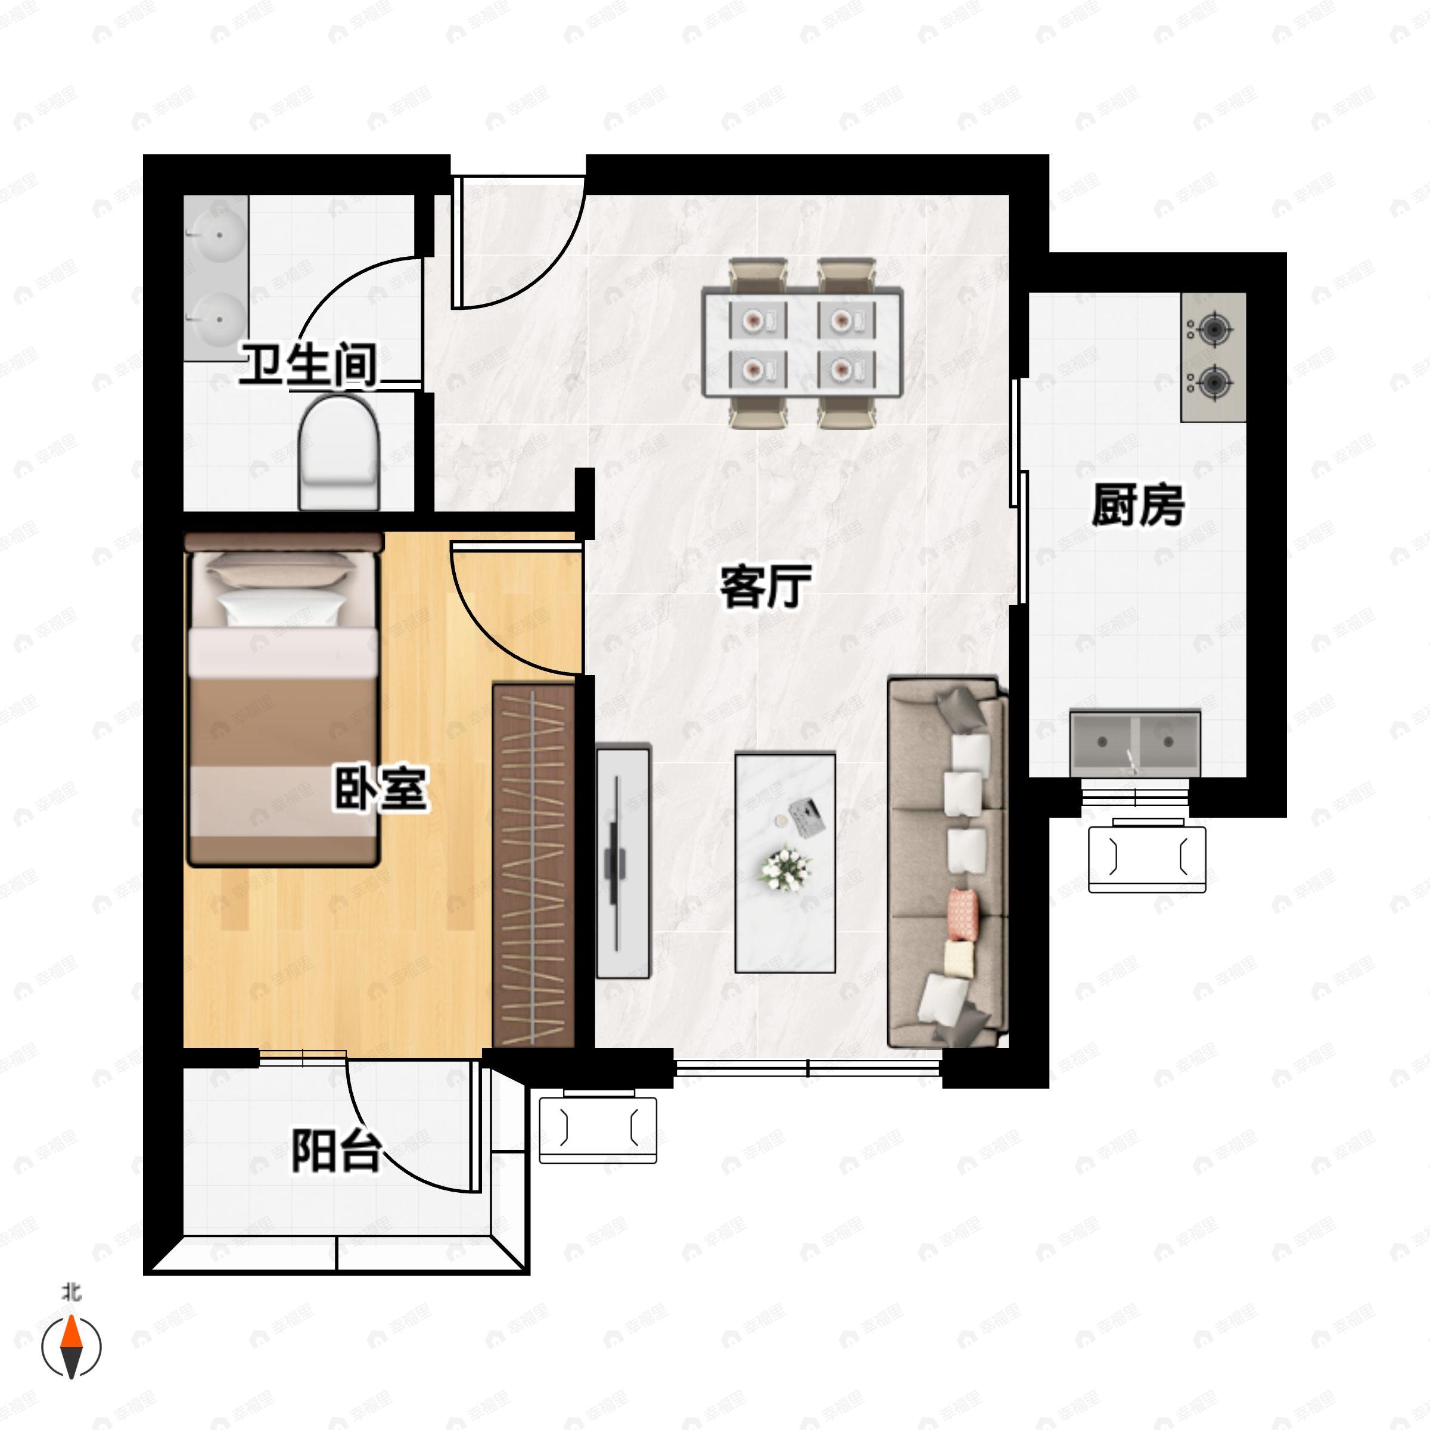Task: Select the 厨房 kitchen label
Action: tap(1137, 505)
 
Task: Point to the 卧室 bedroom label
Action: tap(381, 789)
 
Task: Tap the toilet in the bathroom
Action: tap(338, 452)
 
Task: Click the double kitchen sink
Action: tap(1134, 742)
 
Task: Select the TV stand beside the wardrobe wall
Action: tap(623, 862)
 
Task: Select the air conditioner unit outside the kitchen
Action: tap(1146, 859)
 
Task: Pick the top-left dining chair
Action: tap(757, 274)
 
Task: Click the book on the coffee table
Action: tap(809, 816)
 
